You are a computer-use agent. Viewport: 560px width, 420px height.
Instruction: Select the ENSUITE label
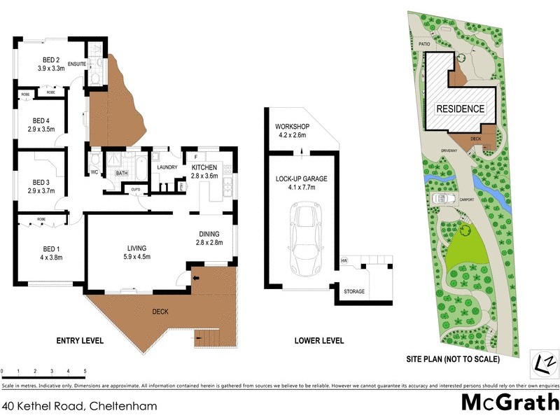coord(76,64)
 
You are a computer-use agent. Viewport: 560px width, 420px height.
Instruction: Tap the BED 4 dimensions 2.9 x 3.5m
coord(41,129)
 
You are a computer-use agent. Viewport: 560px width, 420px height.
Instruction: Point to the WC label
coord(93,171)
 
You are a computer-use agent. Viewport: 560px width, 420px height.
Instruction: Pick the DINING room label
coord(209,234)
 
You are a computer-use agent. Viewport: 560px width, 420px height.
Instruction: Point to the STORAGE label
coord(354,291)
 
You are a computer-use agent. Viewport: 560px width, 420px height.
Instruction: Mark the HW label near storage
coord(344,261)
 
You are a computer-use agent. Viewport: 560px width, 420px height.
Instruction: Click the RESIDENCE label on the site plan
coord(460,108)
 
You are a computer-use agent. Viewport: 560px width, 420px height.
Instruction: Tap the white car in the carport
coord(439,199)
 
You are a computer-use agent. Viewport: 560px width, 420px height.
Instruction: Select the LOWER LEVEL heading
coord(320,341)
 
